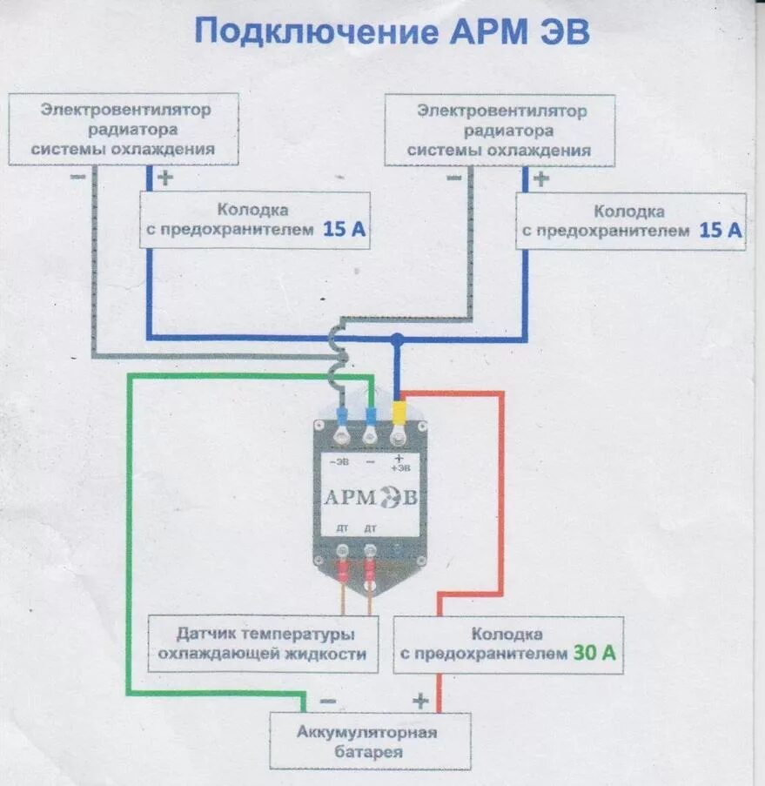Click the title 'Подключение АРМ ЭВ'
click(392, 32)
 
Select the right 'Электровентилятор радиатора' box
click(500, 131)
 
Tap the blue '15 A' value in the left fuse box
click(345, 230)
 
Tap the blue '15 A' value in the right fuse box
click(721, 231)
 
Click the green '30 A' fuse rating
click(594, 654)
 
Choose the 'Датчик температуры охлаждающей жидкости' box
click(263, 644)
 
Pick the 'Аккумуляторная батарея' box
click(369, 741)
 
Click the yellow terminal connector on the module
click(399, 413)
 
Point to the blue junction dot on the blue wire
click(397, 338)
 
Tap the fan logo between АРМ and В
click(392, 498)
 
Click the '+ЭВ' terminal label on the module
click(399, 463)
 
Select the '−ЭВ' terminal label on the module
click(339, 463)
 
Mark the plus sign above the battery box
click(420, 700)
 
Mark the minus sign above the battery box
click(327, 700)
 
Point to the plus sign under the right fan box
click(540, 179)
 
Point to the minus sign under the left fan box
click(77, 177)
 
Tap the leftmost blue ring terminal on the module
click(341, 416)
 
